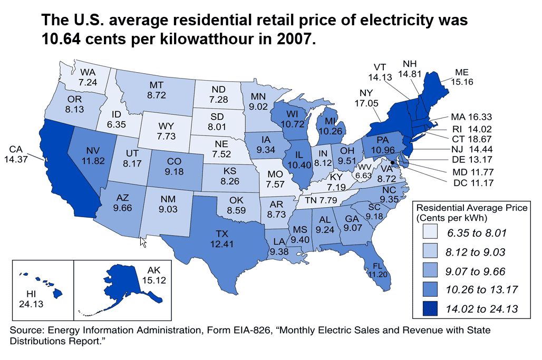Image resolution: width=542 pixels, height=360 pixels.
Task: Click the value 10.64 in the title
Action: click(x=64, y=39)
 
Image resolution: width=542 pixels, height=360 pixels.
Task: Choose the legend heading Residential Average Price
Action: click(x=472, y=208)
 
